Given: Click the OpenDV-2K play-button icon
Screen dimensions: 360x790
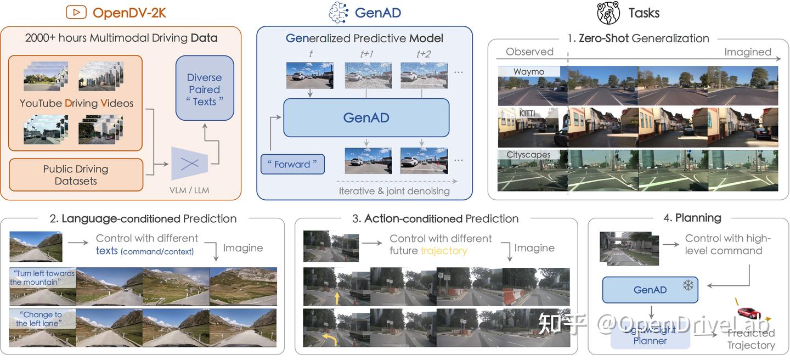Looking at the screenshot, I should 76,12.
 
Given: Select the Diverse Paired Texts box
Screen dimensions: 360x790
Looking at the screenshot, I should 205,89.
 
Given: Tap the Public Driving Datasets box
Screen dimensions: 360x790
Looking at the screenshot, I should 76,175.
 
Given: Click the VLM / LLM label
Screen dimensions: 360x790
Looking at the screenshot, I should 190,190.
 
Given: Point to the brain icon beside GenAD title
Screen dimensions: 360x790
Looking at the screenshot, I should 338,13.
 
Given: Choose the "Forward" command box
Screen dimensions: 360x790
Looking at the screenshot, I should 292,164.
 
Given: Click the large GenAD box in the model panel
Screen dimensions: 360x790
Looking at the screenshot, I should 366,118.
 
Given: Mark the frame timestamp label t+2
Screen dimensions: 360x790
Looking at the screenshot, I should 424,54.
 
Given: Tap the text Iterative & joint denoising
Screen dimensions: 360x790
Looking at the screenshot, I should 394,191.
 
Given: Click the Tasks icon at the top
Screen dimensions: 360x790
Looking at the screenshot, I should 608,13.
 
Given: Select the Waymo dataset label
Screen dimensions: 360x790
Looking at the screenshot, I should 529,72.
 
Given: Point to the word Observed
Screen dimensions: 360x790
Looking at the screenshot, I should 529,52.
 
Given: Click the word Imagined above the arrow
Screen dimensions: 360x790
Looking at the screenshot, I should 747,52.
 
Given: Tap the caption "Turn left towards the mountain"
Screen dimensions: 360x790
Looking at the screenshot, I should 42,278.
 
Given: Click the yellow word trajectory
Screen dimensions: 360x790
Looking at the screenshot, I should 443,251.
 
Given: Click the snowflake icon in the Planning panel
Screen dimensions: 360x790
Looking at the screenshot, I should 687,286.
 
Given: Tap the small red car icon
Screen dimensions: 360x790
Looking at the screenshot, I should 749,312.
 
